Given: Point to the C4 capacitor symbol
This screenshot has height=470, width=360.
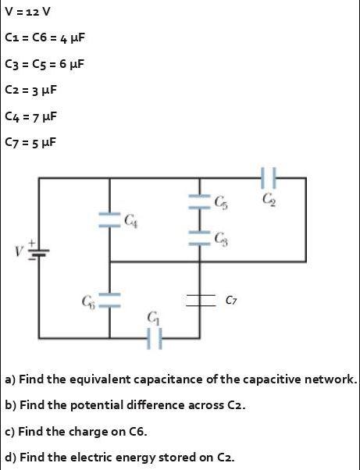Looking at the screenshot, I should pyautogui.click(x=109, y=221).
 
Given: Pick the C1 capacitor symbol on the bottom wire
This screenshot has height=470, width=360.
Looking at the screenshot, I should pyautogui.click(x=154, y=338).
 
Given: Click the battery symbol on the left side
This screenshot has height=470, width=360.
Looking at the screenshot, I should pyautogui.click(x=38, y=251).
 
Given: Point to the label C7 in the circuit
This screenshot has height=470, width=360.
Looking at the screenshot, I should pyautogui.click(x=232, y=299).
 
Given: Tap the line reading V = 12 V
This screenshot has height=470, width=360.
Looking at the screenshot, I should pyautogui.click(x=27, y=13).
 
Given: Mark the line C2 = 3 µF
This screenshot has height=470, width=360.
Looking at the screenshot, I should pyautogui.click(x=30, y=90).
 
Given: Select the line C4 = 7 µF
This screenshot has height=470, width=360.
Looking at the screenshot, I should pyautogui.click(x=30, y=116).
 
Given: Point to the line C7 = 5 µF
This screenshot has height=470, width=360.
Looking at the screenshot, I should pyautogui.click(x=30, y=142).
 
